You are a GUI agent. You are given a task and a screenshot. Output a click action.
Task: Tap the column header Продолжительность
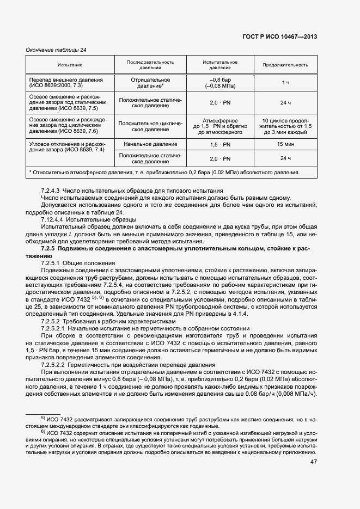(x=285, y=65)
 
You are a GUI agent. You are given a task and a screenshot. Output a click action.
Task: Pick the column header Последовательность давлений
(x=150, y=65)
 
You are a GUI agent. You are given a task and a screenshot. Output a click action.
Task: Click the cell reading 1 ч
(x=285, y=82)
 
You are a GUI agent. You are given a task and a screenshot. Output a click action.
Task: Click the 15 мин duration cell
(x=285, y=144)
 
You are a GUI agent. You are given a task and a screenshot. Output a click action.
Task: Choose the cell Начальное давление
(x=150, y=144)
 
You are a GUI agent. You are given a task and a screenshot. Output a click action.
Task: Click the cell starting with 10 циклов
(x=285, y=126)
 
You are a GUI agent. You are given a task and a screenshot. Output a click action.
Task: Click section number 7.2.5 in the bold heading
(x=50, y=248)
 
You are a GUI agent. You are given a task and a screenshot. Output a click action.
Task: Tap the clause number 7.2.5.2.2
(x=55, y=364)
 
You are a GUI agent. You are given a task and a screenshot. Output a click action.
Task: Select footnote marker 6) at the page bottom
(x=44, y=432)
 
